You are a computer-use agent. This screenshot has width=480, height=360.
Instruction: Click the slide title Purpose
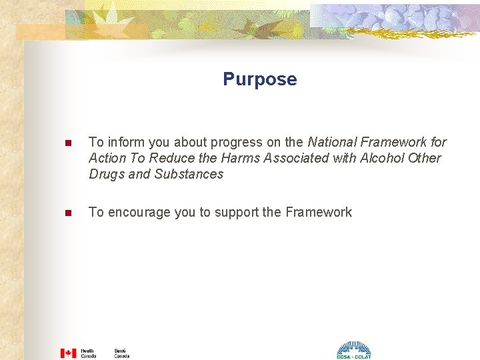[x=260, y=79]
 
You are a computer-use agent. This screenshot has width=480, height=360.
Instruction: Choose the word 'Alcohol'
[x=381, y=158]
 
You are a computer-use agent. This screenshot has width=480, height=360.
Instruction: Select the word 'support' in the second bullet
[x=237, y=212]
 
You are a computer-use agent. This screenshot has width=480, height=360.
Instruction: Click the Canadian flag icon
[x=68, y=353]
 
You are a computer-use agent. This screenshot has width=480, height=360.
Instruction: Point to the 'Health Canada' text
[x=88, y=353]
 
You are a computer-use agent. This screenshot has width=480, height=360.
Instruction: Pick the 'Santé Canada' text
[x=121, y=353]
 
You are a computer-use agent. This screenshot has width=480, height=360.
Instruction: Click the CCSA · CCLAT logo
[x=353, y=351]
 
